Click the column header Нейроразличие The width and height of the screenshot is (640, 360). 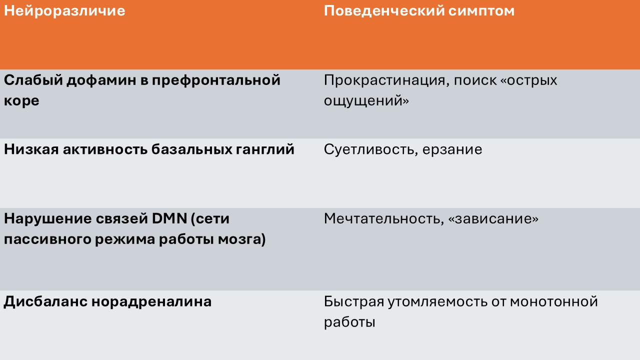[x=64, y=11]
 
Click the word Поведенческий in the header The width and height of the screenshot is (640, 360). [x=384, y=11]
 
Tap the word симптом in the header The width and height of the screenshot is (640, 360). [x=481, y=11]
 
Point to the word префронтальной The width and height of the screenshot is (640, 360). [x=216, y=81]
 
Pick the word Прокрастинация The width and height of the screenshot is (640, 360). [x=384, y=81]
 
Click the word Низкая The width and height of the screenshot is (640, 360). [x=31, y=149]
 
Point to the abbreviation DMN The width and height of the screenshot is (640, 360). [x=169, y=219]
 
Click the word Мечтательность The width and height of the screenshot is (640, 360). [x=384, y=219]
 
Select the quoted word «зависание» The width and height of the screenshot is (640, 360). [x=493, y=219]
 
